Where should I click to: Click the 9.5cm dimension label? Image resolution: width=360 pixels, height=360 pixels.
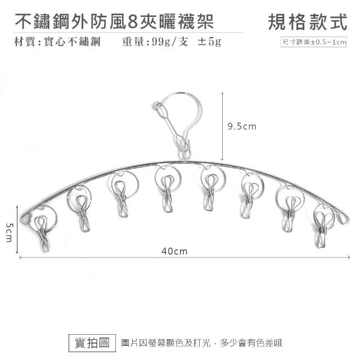click(242, 127)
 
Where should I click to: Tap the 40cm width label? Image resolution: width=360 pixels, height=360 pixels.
click(174, 251)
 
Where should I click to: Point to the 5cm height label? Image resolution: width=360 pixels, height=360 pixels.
click(9, 232)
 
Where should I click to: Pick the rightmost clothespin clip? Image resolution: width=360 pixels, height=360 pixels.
click(321, 229)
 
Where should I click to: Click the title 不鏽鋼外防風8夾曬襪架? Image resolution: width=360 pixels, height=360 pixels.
click(114, 21)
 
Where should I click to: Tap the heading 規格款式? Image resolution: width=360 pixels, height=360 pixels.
click(308, 22)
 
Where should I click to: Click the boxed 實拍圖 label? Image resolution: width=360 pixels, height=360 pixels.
click(92, 343)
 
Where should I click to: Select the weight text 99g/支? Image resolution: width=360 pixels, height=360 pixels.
click(170, 42)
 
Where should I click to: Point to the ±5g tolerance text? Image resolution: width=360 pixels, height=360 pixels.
click(209, 42)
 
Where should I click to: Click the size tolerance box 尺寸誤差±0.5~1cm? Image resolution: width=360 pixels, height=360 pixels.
click(313, 42)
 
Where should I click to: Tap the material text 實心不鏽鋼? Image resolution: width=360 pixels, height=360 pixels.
click(72, 42)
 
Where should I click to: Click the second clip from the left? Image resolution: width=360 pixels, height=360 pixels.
click(83, 213)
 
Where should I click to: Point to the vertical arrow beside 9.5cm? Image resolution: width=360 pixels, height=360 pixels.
click(222, 126)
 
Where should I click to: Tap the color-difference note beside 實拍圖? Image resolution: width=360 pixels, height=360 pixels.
click(201, 343)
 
